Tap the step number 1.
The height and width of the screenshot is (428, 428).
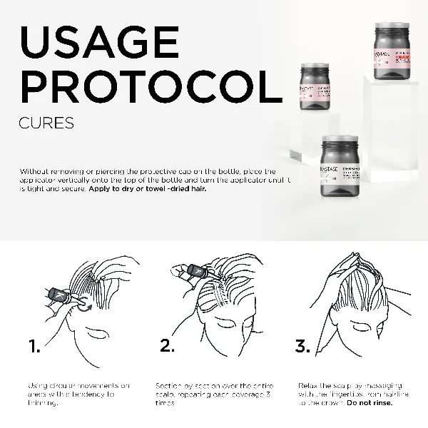point(34,347)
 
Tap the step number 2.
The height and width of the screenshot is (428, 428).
point(167,347)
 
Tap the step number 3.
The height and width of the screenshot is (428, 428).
point(302,347)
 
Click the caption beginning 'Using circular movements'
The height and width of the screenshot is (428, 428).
point(78,394)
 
